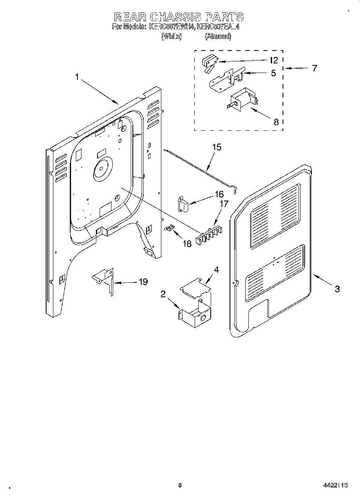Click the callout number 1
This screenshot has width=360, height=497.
pyautogui.click(x=77, y=77)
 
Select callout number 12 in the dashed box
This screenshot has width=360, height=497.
pyautogui.click(x=273, y=60)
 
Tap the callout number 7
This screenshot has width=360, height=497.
pyautogui.click(x=314, y=68)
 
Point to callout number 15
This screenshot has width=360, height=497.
pyautogui.click(x=216, y=147)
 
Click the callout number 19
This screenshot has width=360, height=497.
pyautogui.click(x=143, y=282)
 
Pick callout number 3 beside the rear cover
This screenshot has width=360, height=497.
pyautogui.click(x=337, y=288)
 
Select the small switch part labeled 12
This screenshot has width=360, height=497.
pyautogui.click(x=209, y=63)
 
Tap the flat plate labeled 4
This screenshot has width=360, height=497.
pyautogui.click(x=195, y=287)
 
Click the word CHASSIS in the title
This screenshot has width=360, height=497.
pyautogui.click(x=176, y=17)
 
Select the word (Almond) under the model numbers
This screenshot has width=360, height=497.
pyautogui.click(x=218, y=37)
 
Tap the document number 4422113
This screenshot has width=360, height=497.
pyautogui.click(x=335, y=485)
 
